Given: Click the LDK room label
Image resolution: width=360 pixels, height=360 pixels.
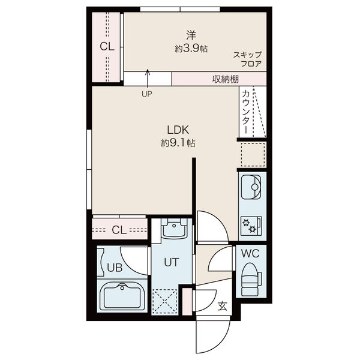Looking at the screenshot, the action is pos(178,130).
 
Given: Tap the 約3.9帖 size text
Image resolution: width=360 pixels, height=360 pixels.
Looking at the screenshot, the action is pos(191,49).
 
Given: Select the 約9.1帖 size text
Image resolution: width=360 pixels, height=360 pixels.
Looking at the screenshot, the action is pos(178,143).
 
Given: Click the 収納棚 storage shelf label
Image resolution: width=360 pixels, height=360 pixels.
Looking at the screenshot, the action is pos(225,79).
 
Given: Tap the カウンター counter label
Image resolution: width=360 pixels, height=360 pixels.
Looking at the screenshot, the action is pos(245,112).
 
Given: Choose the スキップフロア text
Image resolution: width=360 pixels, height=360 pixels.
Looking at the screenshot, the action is pos(247,59).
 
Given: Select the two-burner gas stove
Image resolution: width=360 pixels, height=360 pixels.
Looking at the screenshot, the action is pos(251,226).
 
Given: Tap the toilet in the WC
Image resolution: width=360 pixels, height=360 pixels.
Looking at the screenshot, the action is pos(251,279).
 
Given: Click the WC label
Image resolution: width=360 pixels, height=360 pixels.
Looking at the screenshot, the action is pos(250,254).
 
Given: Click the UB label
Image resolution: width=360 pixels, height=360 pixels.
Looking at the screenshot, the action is pos(115,268).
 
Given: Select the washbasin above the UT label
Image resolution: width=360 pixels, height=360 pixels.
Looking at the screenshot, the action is pos(174,229).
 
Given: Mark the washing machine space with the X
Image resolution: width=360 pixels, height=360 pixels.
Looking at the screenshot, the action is pos(164,301).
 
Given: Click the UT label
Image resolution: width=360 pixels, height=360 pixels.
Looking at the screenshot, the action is pos(171,262).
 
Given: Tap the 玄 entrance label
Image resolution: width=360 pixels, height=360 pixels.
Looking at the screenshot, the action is pos(222,306).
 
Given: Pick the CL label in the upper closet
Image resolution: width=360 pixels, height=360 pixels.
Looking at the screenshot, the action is pos(107,47).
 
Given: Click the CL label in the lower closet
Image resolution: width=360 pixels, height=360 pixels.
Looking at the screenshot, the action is pos(119,230).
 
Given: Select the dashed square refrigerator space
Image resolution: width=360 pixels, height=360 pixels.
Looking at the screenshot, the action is pos(253,154).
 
